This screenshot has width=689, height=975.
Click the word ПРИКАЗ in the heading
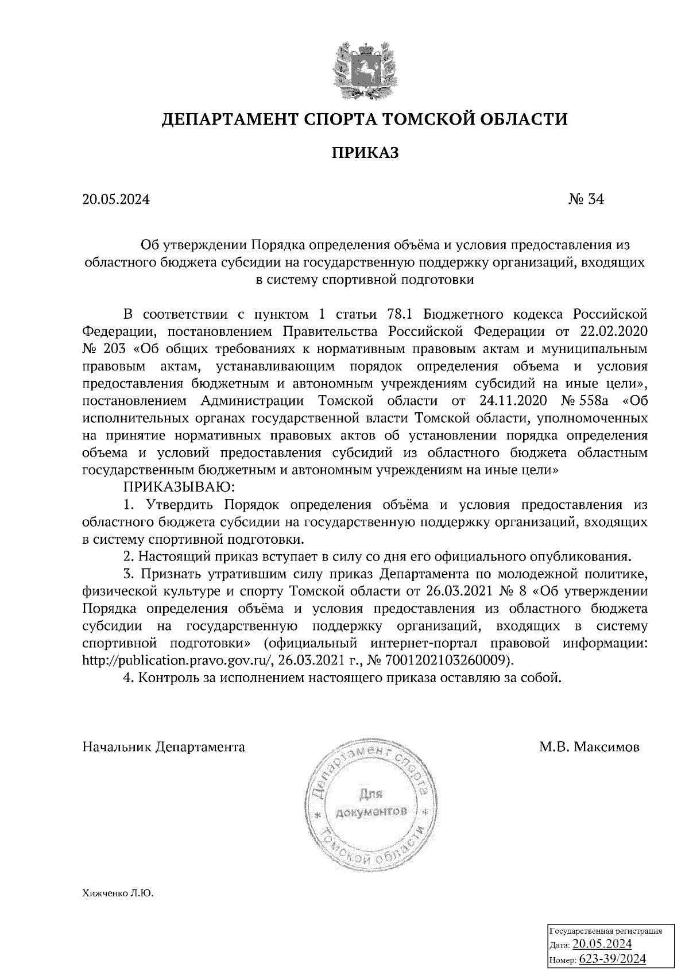tap(364, 153)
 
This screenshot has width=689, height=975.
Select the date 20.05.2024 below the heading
tap(116, 199)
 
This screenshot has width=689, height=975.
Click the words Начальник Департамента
tap(164, 747)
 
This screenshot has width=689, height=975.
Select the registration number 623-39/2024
tap(612, 959)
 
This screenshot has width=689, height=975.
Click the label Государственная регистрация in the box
tap(606, 931)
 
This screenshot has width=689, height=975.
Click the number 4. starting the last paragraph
tap(129, 678)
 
